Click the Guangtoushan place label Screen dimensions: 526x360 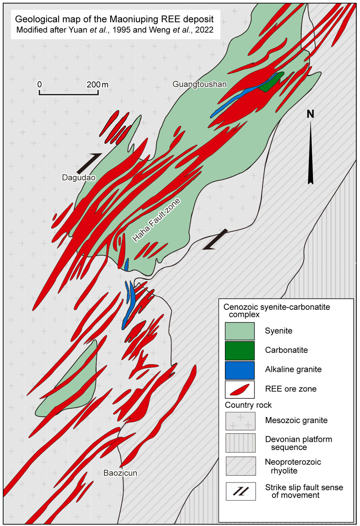click(199, 84)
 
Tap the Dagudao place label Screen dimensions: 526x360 click(78, 177)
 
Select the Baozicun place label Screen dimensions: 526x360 click(120, 473)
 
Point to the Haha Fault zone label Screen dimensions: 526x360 click(156, 220)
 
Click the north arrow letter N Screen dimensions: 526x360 click(310, 114)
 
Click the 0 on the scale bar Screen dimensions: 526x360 click(40, 85)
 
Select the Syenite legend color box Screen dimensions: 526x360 click(240, 331)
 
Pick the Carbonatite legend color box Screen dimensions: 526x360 click(240, 350)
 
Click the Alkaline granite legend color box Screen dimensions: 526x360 click(240, 369)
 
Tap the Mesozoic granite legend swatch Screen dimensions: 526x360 click(240, 421)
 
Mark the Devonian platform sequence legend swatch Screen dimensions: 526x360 click(240, 443)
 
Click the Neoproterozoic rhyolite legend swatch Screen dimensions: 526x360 click(240, 466)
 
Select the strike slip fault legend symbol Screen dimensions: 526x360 click(240, 491)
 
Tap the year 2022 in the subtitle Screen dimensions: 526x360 click(204, 30)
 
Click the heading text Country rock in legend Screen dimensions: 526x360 click(248, 405)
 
